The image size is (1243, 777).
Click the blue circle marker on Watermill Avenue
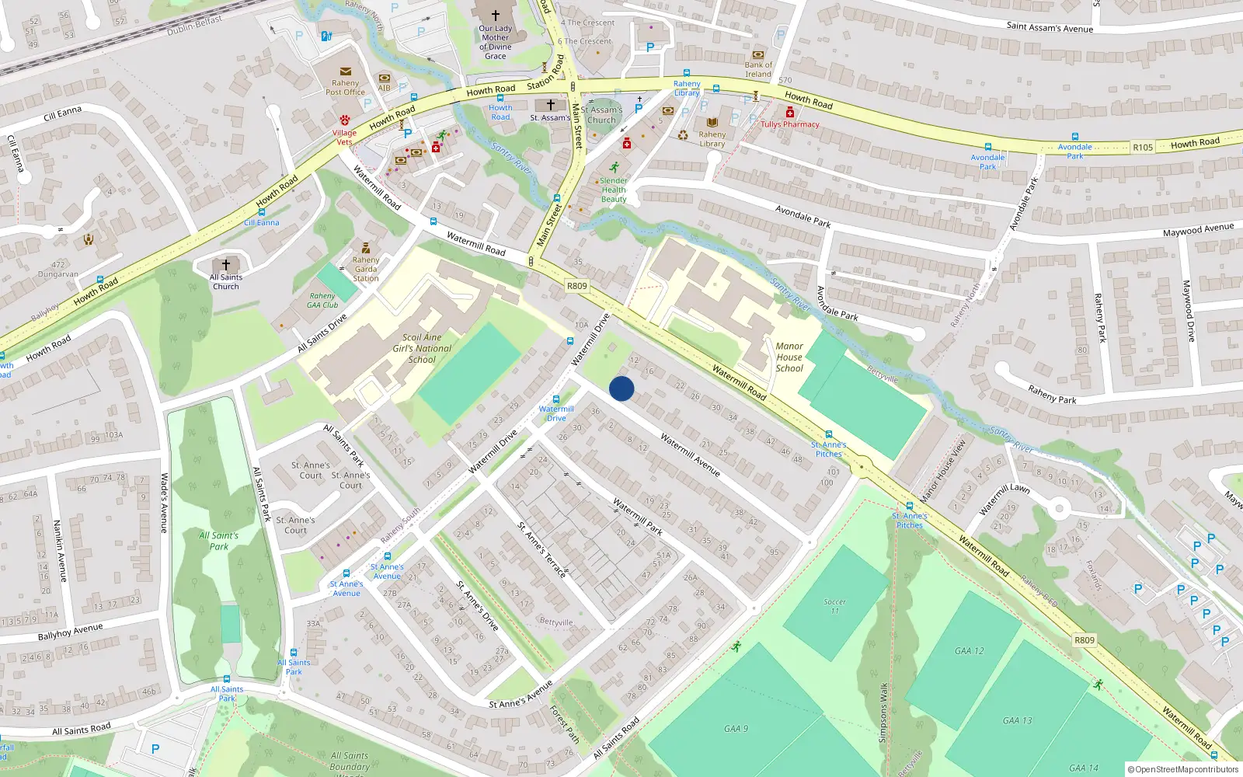pyautogui.click(x=621, y=388)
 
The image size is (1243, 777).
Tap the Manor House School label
pyautogui.click(x=789, y=357)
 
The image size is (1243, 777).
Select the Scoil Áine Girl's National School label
pyautogui.click(x=422, y=348)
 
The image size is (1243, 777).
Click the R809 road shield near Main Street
pyautogui.click(x=576, y=286)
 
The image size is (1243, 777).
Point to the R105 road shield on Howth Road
pyautogui.click(x=1142, y=148)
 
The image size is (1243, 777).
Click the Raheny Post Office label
pyautogui.click(x=345, y=87)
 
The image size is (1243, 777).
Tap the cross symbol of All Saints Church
pyautogui.click(x=226, y=265)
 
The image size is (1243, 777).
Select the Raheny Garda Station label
pyautogui.click(x=366, y=269)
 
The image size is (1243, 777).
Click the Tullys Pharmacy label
pyautogui.click(x=789, y=124)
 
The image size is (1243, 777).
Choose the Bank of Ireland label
pyautogui.click(x=758, y=70)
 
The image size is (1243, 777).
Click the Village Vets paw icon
pyautogui.click(x=345, y=120)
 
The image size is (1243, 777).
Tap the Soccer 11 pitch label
pyautogui.click(x=834, y=606)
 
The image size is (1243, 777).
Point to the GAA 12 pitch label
pyautogui.click(x=969, y=651)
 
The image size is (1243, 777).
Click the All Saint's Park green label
pyautogui.click(x=219, y=541)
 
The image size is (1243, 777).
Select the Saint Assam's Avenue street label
pyautogui.click(x=1050, y=27)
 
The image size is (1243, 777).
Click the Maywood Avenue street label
pyautogui.click(x=1198, y=230)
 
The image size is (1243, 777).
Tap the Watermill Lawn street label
pyautogui.click(x=1004, y=499)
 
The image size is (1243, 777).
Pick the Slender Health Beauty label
pyautogui.click(x=614, y=190)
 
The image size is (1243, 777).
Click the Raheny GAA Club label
pyautogui.click(x=322, y=300)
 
